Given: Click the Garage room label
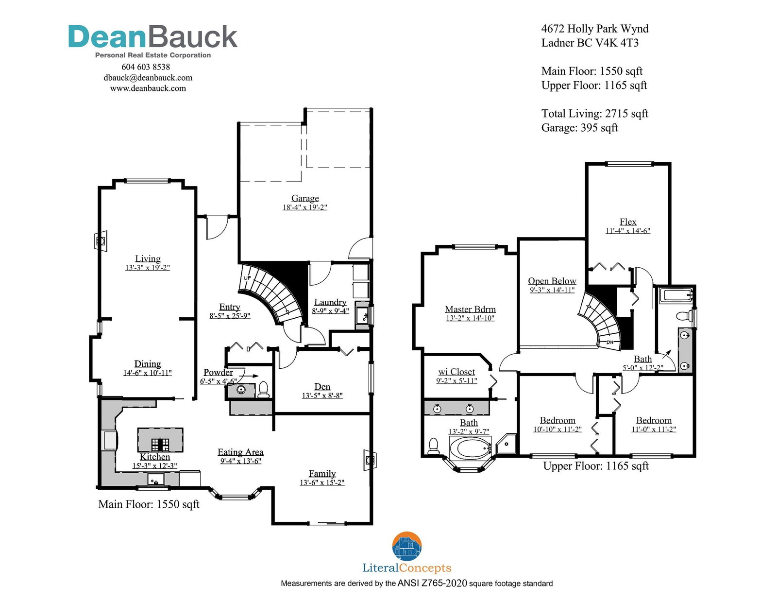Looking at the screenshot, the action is (x=305, y=198).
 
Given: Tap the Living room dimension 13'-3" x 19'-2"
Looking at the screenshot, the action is (x=147, y=268).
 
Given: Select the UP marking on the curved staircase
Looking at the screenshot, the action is (x=247, y=278).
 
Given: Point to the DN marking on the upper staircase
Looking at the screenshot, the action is (x=609, y=343).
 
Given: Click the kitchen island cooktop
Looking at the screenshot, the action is (x=160, y=444).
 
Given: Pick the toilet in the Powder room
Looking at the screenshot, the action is (x=263, y=390).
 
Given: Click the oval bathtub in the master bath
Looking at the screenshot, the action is (x=470, y=448).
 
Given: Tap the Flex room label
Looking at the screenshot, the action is (x=628, y=222).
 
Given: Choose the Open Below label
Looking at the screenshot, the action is (x=552, y=281).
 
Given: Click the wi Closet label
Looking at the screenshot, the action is (x=456, y=372).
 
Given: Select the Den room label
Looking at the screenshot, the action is (x=322, y=387).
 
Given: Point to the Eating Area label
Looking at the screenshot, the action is (x=240, y=452).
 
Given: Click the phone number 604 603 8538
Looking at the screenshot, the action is (x=146, y=67).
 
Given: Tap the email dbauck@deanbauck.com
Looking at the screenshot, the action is (x=148, y=78).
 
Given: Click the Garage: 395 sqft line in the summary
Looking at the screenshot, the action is (x=580, y=128).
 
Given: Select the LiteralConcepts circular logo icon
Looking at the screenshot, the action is (x=407, y=546).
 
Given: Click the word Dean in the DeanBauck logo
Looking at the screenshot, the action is (x=107, y=36).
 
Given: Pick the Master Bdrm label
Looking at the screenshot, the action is (x=470, y=309).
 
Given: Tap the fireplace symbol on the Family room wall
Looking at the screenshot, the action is (x=370, y=460).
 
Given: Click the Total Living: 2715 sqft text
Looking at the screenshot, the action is (x=594, y=114).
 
